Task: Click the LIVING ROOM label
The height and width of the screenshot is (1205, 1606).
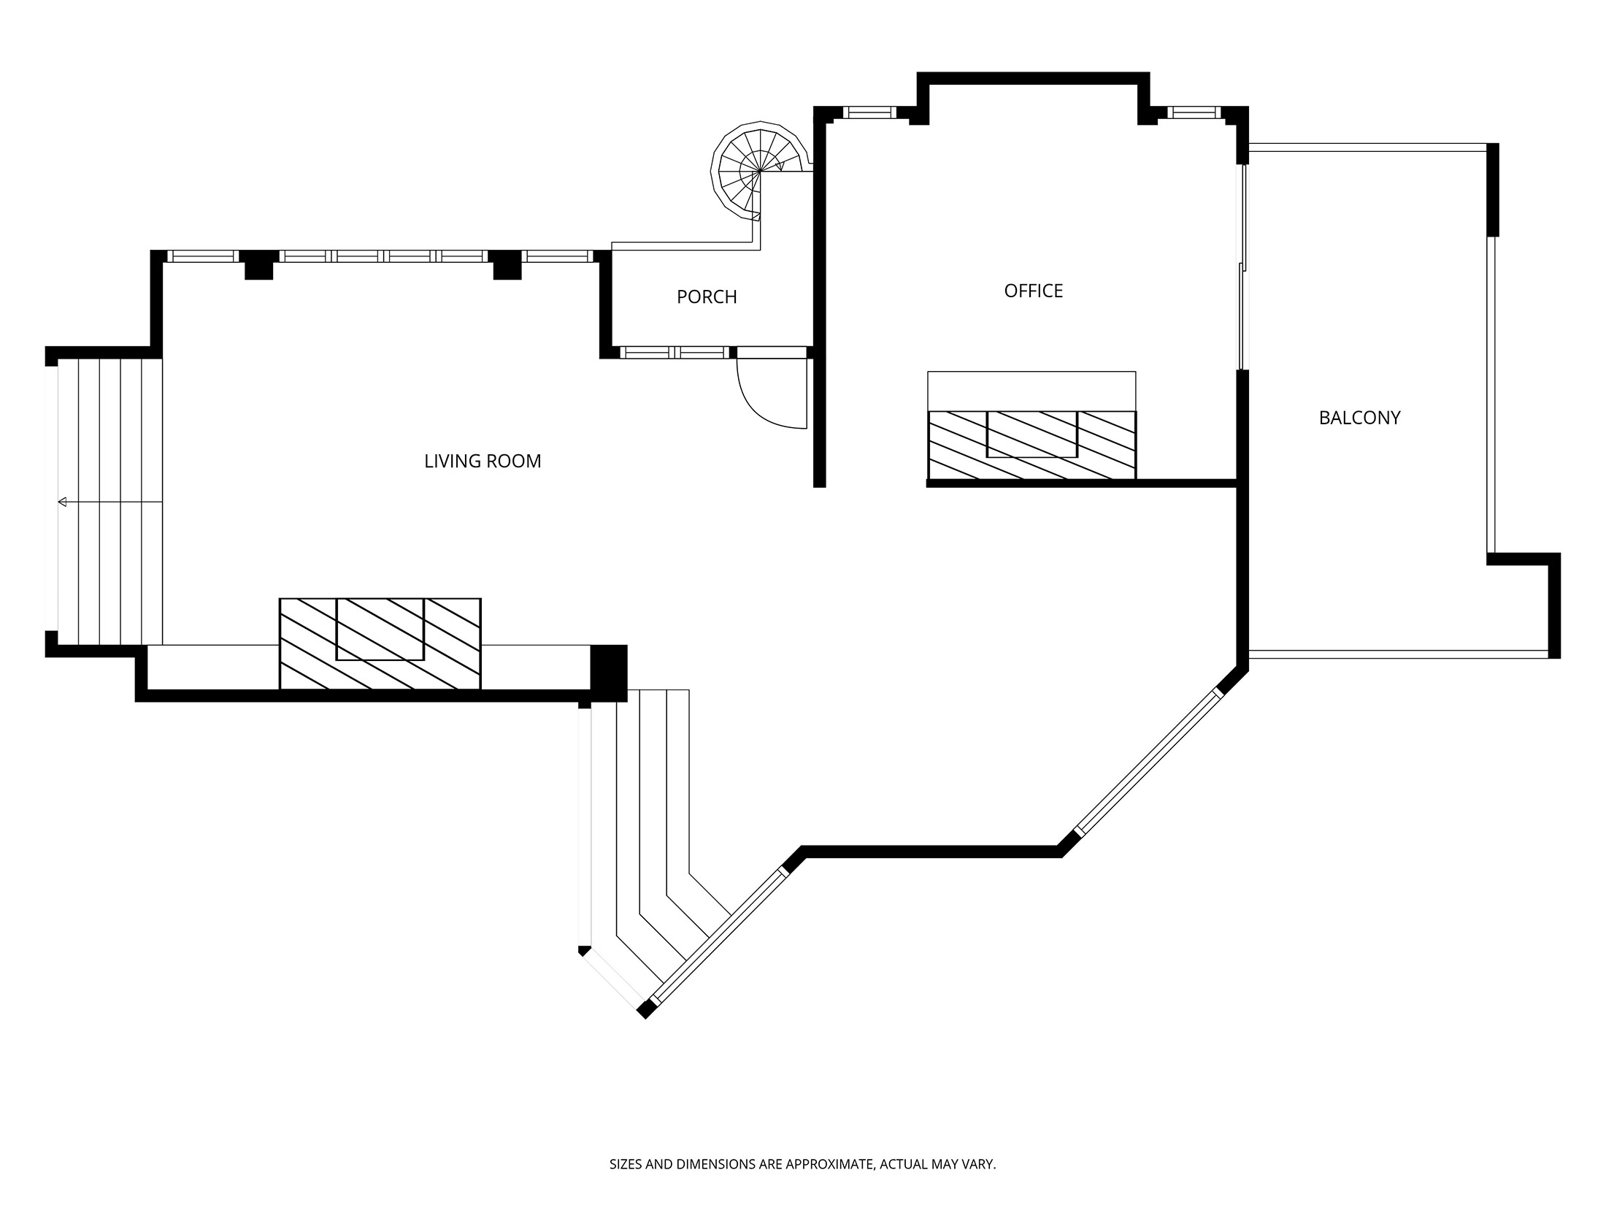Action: point(483,462)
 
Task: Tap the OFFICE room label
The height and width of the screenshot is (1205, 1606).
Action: point(1033,291)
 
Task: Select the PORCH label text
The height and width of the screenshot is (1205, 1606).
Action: point(707,297)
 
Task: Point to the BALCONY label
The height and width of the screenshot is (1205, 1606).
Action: point(1359,418)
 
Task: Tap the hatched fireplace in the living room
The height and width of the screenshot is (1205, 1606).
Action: point(380,643)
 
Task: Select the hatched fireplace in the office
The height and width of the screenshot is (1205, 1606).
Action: point(1031,445)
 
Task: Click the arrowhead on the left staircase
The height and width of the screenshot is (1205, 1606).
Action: point(63,502)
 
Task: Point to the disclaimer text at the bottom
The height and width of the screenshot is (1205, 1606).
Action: point(802,1164)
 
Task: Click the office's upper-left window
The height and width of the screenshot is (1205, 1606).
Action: point(869,112)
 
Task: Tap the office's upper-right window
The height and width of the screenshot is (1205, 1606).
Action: point(1194,112)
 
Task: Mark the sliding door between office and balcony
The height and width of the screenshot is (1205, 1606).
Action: point(1242,267)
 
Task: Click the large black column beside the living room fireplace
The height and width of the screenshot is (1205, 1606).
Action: point(608,673)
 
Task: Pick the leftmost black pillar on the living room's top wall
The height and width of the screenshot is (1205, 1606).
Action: point(258,264)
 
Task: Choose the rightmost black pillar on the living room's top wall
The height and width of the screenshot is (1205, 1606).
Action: point(507,264)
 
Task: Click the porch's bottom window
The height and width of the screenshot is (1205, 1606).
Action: point(675,353)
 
